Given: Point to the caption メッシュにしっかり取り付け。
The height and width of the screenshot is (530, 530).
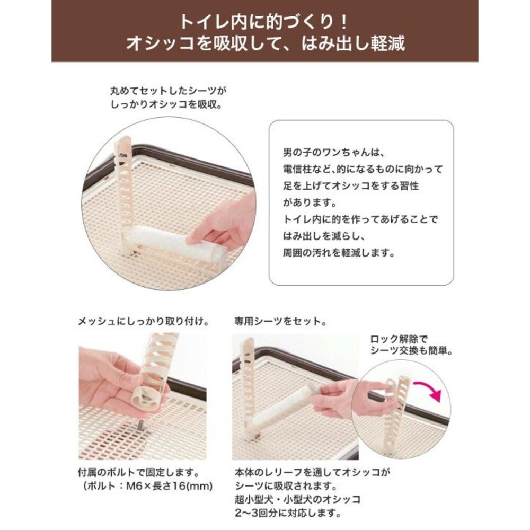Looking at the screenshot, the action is point(143,321).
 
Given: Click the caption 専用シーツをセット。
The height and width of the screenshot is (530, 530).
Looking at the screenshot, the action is point(281,321).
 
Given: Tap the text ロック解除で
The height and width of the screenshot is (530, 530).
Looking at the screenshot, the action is point(399,339).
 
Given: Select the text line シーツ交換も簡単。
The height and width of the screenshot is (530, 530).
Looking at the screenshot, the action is point(411,351).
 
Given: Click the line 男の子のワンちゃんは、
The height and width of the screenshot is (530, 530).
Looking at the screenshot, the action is point(333,153).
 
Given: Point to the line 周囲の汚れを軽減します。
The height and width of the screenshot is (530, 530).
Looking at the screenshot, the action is point(339,253).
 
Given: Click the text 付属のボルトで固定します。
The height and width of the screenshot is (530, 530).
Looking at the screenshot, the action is point(138,472).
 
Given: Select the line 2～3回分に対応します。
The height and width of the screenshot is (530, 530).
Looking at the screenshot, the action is point(288,513).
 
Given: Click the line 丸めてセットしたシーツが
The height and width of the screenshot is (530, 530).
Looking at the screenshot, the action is point(169,91).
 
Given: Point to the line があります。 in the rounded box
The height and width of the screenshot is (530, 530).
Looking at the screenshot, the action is point(310,203).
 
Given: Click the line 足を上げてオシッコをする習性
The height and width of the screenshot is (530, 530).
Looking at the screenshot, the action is point(351,186).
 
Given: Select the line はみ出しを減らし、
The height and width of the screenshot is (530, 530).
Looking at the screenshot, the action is point(324,236).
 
